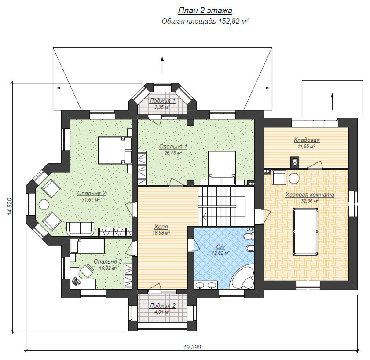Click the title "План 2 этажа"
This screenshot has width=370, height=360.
[x=205, y=11]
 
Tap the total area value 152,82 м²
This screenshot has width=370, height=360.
[x=233, y=21]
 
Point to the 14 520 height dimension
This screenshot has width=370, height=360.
[x=10, y=206]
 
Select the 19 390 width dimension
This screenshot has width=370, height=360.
[x=192, y=347]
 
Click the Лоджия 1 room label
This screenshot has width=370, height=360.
[x=162, y=101]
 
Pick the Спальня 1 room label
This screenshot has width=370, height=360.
[x=173, y=147]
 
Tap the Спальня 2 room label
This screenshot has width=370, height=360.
[x=92, y=193]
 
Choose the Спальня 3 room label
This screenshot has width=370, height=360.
[x=108, y=261]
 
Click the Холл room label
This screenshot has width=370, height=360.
[x=161, y=227]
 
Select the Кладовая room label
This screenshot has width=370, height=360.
[x=307, y=140]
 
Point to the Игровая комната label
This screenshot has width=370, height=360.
[x=310, y=195]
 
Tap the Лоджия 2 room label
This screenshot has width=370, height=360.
[x=162, y=306]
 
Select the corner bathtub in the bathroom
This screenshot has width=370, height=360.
[x=242, y=277]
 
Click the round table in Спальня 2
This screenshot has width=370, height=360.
[x=44, y=205]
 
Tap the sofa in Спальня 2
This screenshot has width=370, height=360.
[x=81, y=228]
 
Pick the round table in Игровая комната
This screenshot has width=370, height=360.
[x=294, y=178]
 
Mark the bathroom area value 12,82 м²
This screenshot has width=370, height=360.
[x=220, y=253]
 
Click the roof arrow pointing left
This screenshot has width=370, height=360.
[x=62, y=88]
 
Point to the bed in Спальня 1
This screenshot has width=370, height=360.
[x=222, y=168]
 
